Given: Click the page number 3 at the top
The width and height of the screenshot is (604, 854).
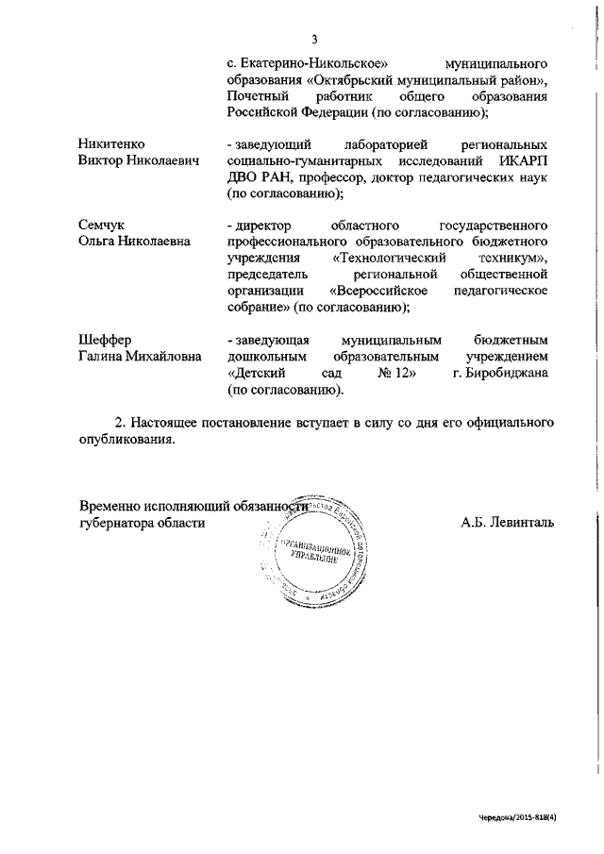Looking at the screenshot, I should (315, 39).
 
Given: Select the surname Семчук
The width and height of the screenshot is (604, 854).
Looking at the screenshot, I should (101, 225).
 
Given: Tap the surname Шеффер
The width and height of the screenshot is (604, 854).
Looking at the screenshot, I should (105, 339).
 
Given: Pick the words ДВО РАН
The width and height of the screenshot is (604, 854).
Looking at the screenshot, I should (257, 176).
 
